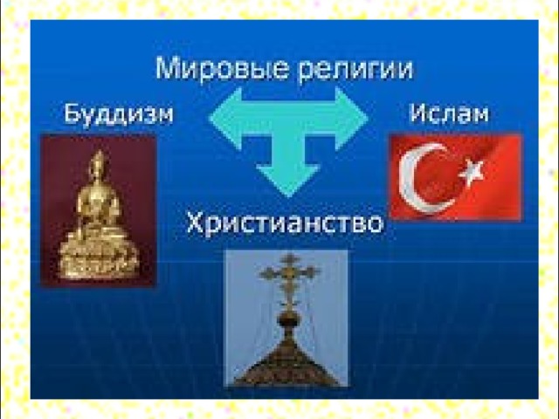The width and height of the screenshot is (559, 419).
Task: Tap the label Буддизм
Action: (119, 113)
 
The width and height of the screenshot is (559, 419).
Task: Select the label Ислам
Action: (448, 113)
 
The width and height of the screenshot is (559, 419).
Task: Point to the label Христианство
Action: (285, 223)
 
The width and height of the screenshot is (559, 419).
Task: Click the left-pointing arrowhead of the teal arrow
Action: (227, 119)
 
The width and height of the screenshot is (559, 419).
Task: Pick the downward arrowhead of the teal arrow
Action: (289, 181)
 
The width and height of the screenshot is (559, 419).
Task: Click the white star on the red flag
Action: (472, 171)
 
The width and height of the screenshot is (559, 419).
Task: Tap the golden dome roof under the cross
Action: (286, 361)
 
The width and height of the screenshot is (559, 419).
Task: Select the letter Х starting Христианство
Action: (196, 223)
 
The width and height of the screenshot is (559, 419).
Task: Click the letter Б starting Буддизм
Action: (72, 113)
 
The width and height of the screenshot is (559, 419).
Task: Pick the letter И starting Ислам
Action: (418, 113)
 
